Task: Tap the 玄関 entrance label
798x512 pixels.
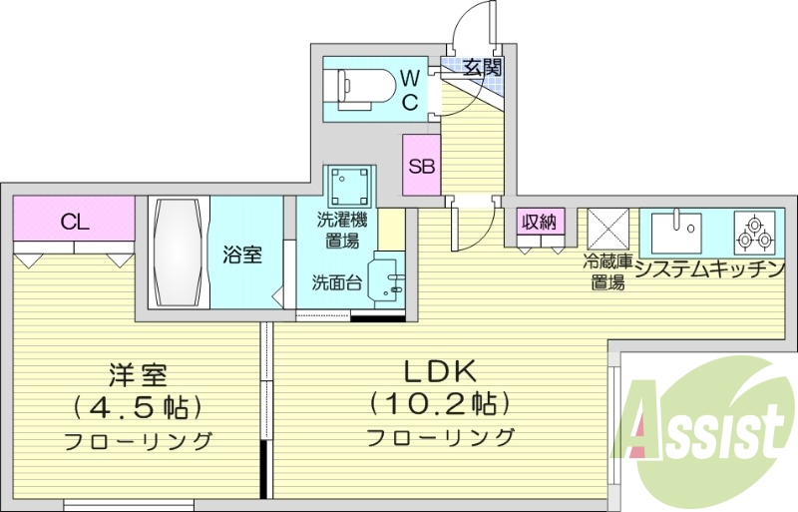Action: [482, 68]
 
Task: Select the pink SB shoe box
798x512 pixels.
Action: [421, 166]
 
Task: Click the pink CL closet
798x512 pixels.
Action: [75, 221]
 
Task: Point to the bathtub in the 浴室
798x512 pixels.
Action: [180, 254]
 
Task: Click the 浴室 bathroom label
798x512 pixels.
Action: [242, 255]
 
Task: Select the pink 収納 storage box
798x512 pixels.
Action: [541, 222]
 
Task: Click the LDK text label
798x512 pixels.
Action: [439, 371]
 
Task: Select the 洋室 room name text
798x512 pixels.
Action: [138, 376]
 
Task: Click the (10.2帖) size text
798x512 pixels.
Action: [439, 404]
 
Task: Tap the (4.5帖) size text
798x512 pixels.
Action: [138, 407]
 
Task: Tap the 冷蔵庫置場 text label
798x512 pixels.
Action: [606, 272]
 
